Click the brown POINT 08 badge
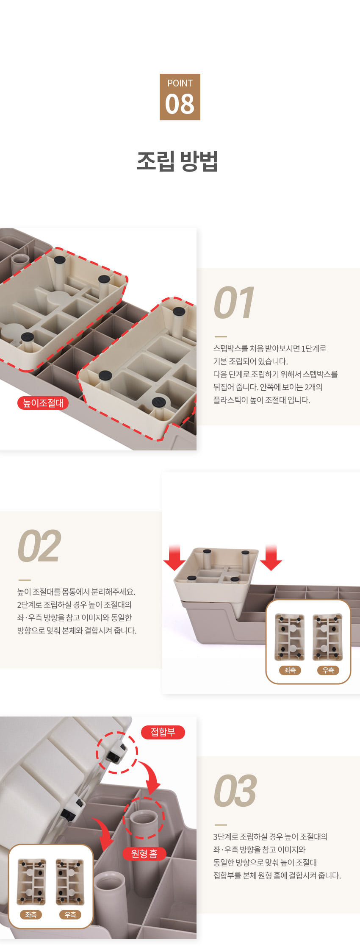click(x=180, y=97)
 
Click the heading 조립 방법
click(x=177, y=161)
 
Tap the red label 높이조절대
click(x=43, y=403)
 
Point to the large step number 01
click(x=234, y=303)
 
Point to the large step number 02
click(x=39, y=546)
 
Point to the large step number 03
click(x=235, y=791)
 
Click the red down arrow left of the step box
click(x=174, y=558)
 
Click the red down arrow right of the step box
click(x=271, y=558)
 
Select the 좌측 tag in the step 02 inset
click(x=290, y=670)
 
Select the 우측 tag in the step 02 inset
click(x=328, y=670)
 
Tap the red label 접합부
click(x=163, y=732)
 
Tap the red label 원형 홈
click(x=144, y=853)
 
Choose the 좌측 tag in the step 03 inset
click(x=31, y=914)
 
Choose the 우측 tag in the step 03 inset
click(x=70, y=914)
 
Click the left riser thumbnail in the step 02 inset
click(x=290, y=637)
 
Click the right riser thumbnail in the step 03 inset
click(x=70, y=882)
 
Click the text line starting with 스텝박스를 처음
click(x=270, y=349)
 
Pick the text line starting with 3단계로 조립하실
click(x=270, y=836)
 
